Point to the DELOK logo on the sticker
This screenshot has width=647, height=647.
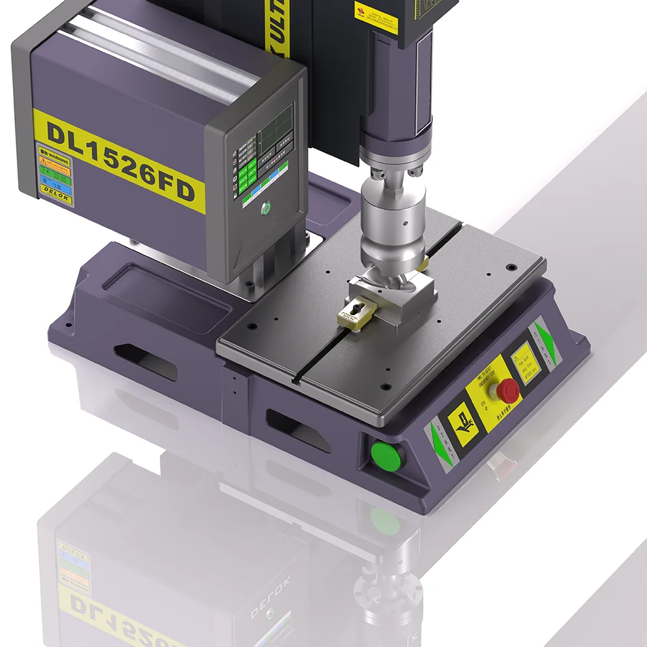[54, 197]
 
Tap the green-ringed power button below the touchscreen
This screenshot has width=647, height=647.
[265, 209]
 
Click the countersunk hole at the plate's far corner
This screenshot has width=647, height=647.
[511, 267]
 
